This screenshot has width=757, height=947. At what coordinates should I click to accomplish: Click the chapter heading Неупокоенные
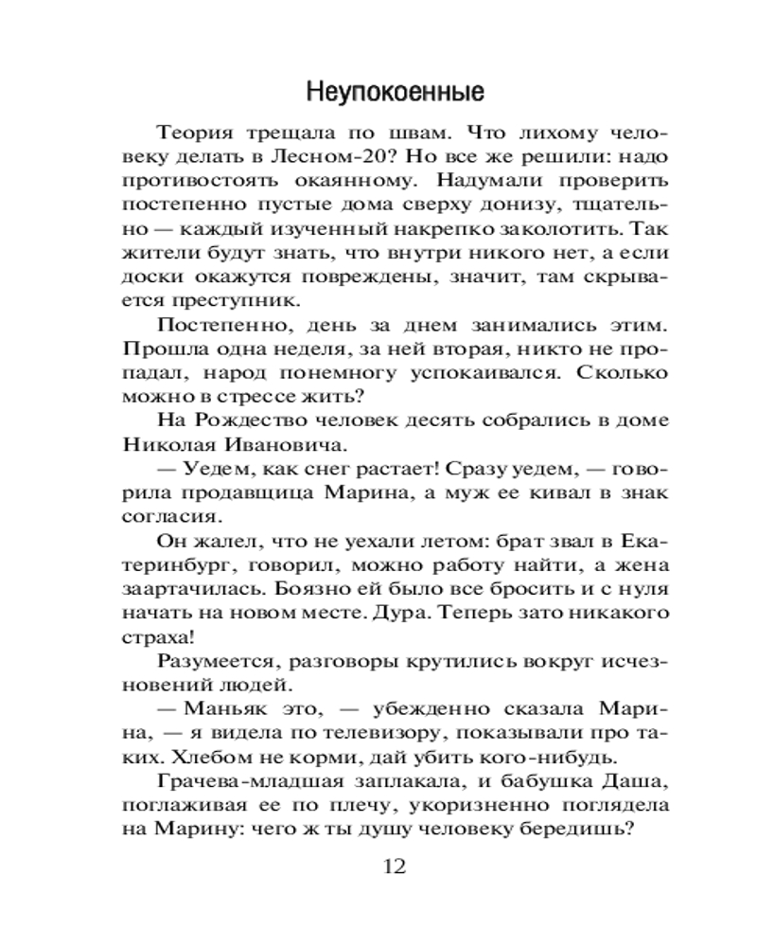click(396, 94)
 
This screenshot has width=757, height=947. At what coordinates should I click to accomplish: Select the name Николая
click(170, 445)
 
